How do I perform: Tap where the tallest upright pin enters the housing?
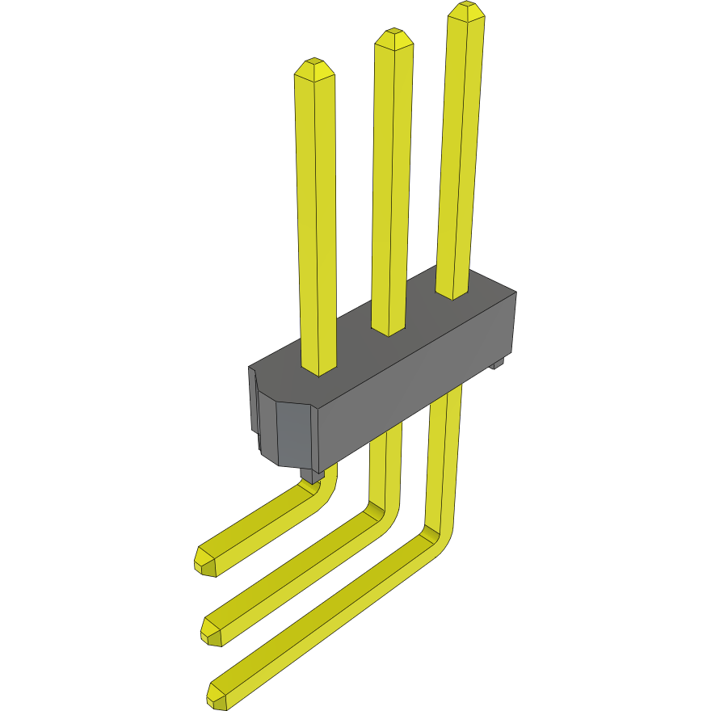click(x=452, y=292)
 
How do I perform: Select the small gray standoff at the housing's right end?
click(x=499, y=364)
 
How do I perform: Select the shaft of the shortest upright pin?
click(x=316, y=218)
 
